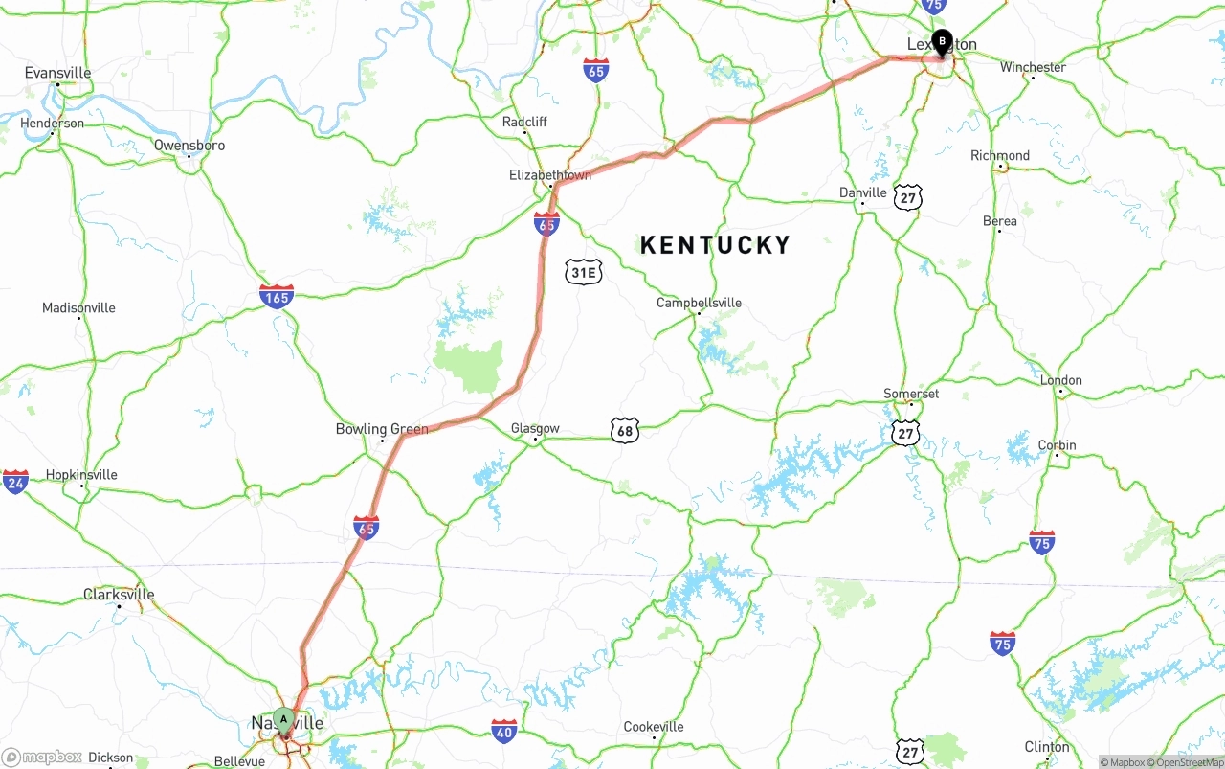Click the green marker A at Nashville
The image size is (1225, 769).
(x=283, y=719)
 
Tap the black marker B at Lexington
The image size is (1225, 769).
(x=942, y=42)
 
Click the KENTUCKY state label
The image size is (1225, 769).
(x=715, y=245)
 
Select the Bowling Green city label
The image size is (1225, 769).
(x=382, y=429)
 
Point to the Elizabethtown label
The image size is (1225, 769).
(x=550, y=175)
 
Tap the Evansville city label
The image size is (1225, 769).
(x=58, y=73)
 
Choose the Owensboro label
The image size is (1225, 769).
(x=189, y=146)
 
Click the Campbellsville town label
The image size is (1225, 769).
(x=699, y=303)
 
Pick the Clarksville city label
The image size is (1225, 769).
(x=119, y=594)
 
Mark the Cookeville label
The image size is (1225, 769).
(x=654, y=727)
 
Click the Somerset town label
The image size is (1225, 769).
(x=911, y=394)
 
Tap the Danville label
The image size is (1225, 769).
(x=863, y=192)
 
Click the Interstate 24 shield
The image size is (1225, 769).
(x=15, y=482)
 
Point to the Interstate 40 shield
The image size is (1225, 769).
(x=504, y=732)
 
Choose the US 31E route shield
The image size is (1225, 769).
(x=584, y=272)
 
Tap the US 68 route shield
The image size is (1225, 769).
(x=625, y=431)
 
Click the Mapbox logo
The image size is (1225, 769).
(x=43, y=758)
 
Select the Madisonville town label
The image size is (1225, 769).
(x=78, y=307)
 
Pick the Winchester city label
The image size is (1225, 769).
(x=1033, y=67)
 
